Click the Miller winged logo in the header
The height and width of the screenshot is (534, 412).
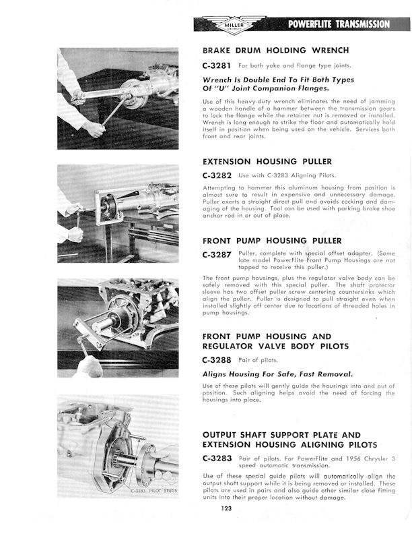(x=234, y=24)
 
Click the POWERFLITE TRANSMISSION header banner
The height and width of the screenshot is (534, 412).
(x=338, y=25)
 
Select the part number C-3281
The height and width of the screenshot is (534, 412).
(x=217, y=66)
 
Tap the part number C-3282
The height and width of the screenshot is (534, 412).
(x=217, y=175)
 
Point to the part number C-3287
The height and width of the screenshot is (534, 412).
(x=217, y=254)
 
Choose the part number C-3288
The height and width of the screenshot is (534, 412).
(x=217, y=360)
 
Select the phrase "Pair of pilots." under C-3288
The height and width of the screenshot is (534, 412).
(x=258, y=360)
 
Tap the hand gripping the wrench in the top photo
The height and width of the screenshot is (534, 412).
(x=94, y=127)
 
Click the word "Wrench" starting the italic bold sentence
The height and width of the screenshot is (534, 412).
(x=219, y=79)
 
